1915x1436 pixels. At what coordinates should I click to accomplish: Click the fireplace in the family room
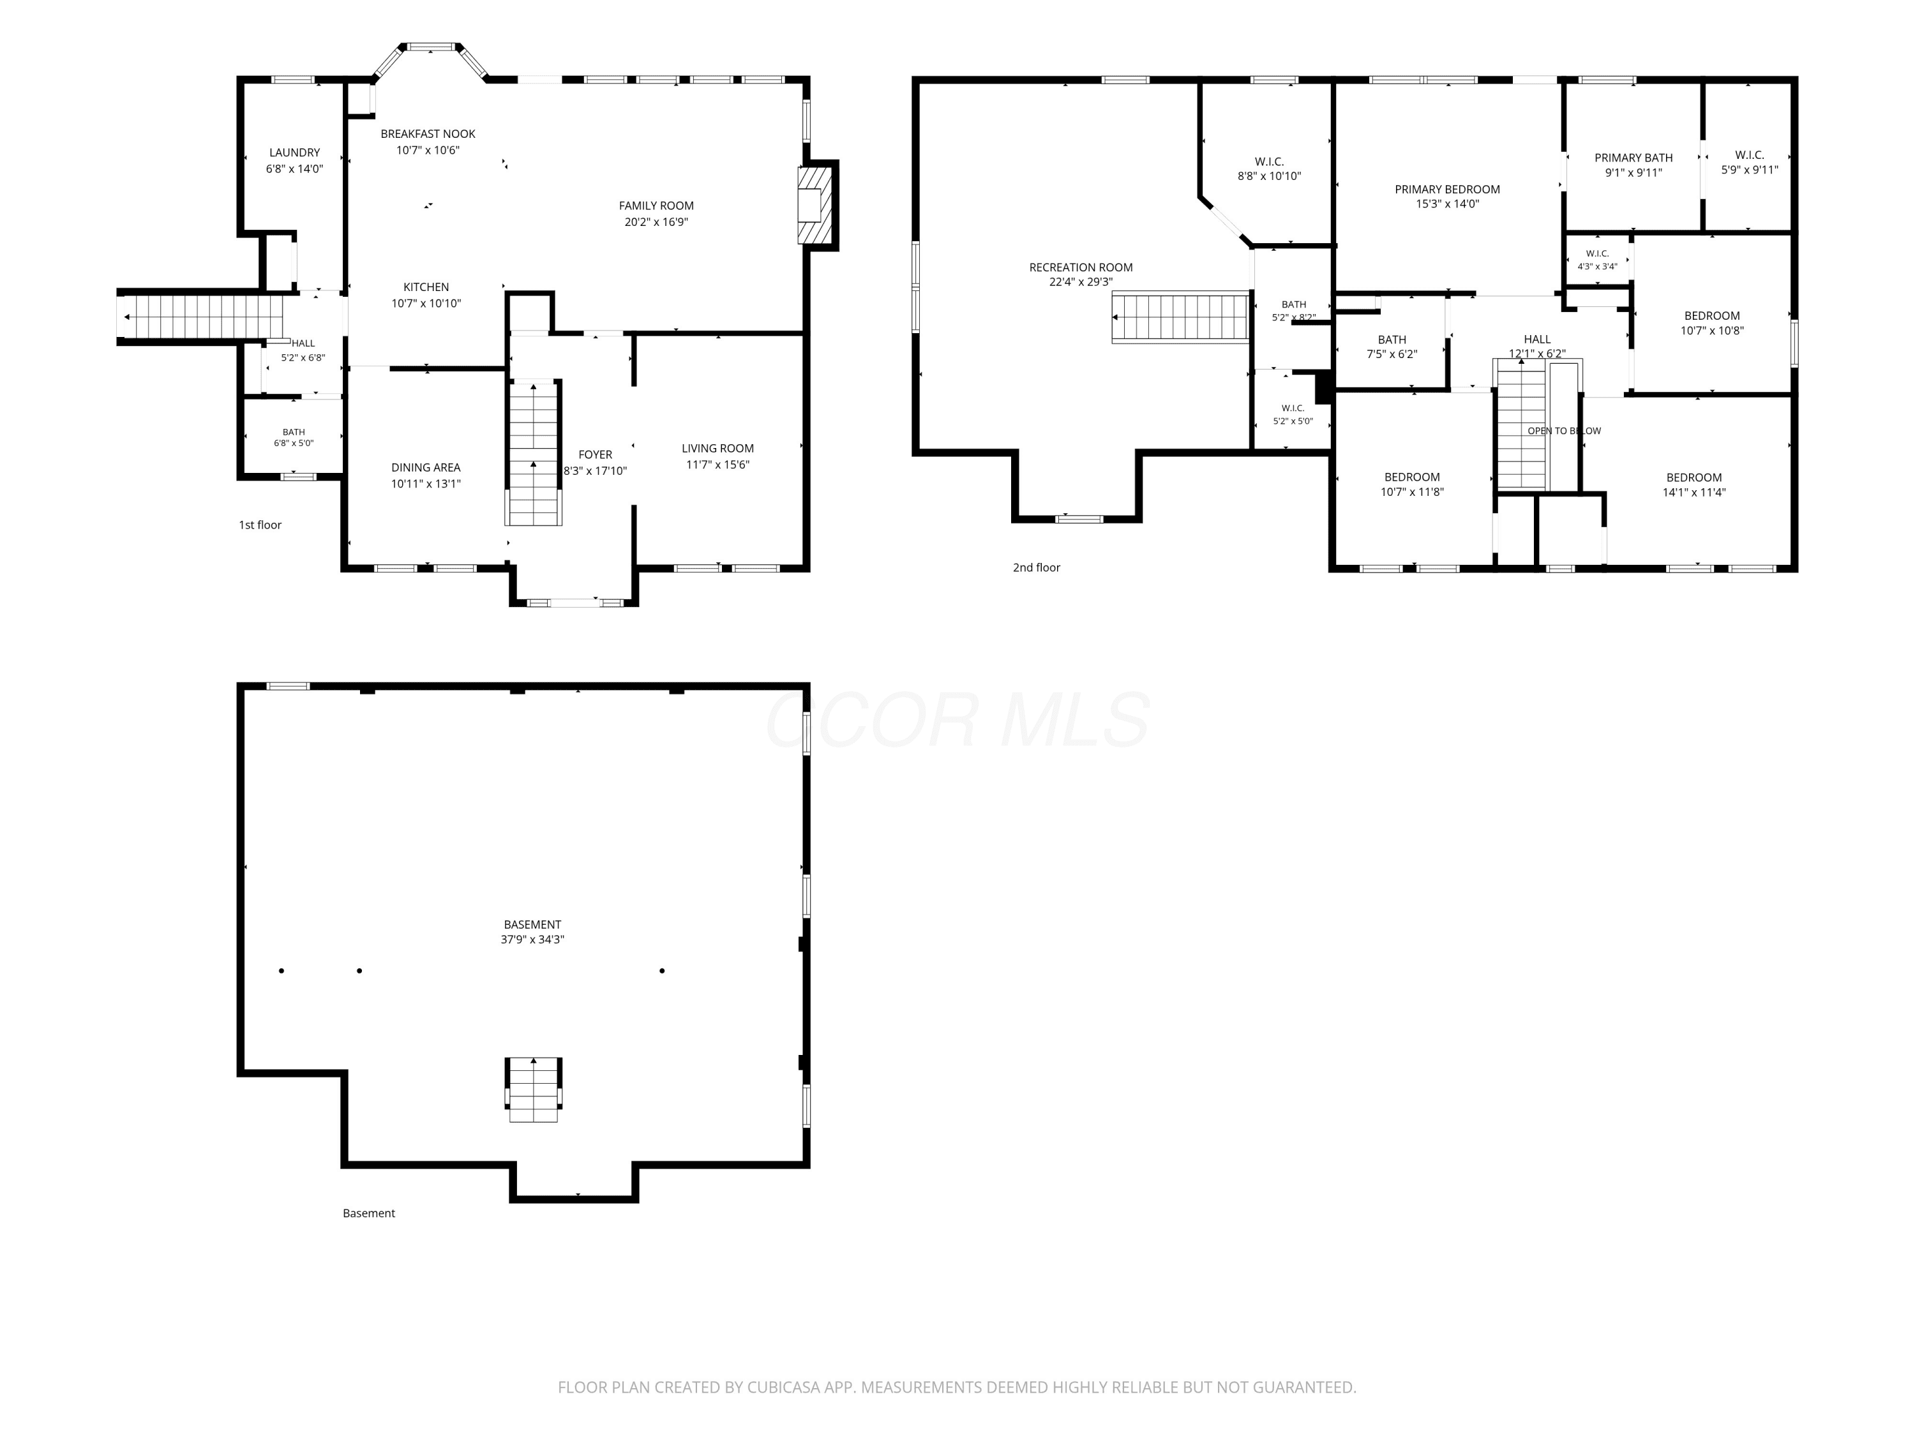coord(814,205)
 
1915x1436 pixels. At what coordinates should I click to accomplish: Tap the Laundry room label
coord(294,153)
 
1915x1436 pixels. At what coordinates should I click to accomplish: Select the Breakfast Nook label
coord(428,134)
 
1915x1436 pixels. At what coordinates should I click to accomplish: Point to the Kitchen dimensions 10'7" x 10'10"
coord(426,304)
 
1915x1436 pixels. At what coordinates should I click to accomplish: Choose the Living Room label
coord(717,449)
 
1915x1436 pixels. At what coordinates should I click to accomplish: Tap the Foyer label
coord(596,454)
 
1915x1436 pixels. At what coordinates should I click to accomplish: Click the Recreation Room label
coord(1081,267)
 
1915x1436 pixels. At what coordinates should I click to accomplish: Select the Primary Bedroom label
coord(1448,190)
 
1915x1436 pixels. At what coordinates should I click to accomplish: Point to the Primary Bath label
coord(1633,158)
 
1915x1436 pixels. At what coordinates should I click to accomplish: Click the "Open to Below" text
coord(1565,431)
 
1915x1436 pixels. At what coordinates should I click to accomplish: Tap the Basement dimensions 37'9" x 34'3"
coord(532,939)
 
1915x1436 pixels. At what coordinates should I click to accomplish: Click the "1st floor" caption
coord(260,525)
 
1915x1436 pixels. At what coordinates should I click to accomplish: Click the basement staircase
coord(533,1090)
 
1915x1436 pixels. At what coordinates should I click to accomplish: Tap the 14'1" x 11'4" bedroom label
coord(1694,484)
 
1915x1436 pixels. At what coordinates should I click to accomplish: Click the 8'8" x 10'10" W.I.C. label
coord(1269,168)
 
